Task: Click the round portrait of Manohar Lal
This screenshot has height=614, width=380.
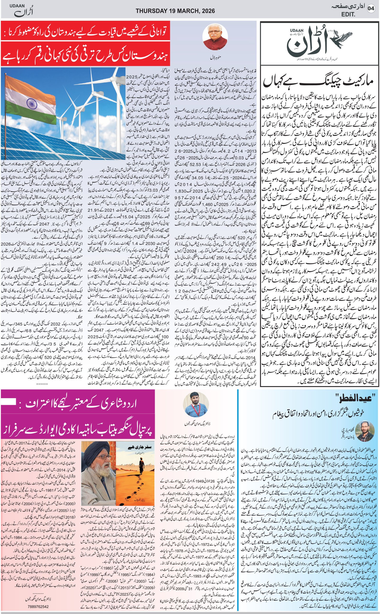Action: point(215,37)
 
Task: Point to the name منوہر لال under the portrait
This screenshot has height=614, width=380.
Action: point(215,58)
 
